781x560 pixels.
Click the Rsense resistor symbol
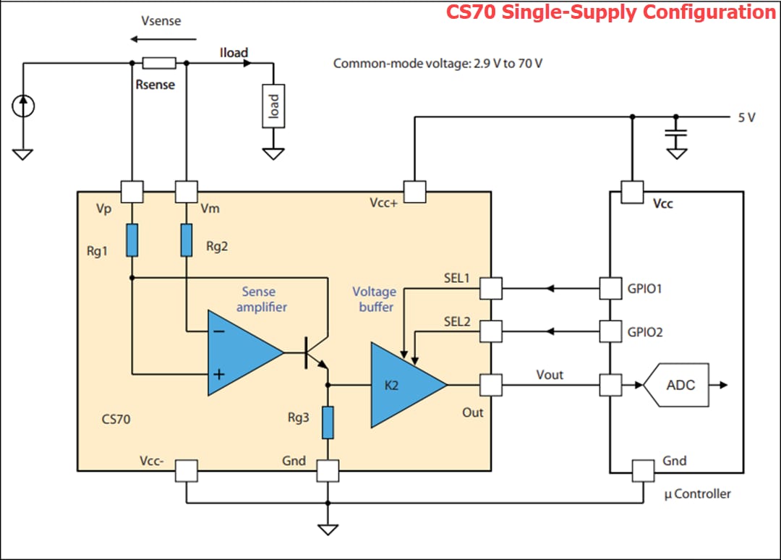[159, 63]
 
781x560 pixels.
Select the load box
[273, 106]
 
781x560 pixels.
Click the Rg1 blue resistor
[132, 240]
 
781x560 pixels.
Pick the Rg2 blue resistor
[187, 240]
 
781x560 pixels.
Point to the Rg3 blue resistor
[328, 423]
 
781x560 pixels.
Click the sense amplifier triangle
[242, 353]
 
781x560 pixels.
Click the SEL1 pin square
[491, 289]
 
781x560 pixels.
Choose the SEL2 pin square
[491, 331]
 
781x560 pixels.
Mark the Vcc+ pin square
[414, 192]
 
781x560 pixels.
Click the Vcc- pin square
[187, 471]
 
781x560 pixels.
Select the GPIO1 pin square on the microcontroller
[611, 289]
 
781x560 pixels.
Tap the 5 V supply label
[746, 117]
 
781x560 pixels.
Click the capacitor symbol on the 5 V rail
[677, 135]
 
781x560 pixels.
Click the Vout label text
[550, 374]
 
